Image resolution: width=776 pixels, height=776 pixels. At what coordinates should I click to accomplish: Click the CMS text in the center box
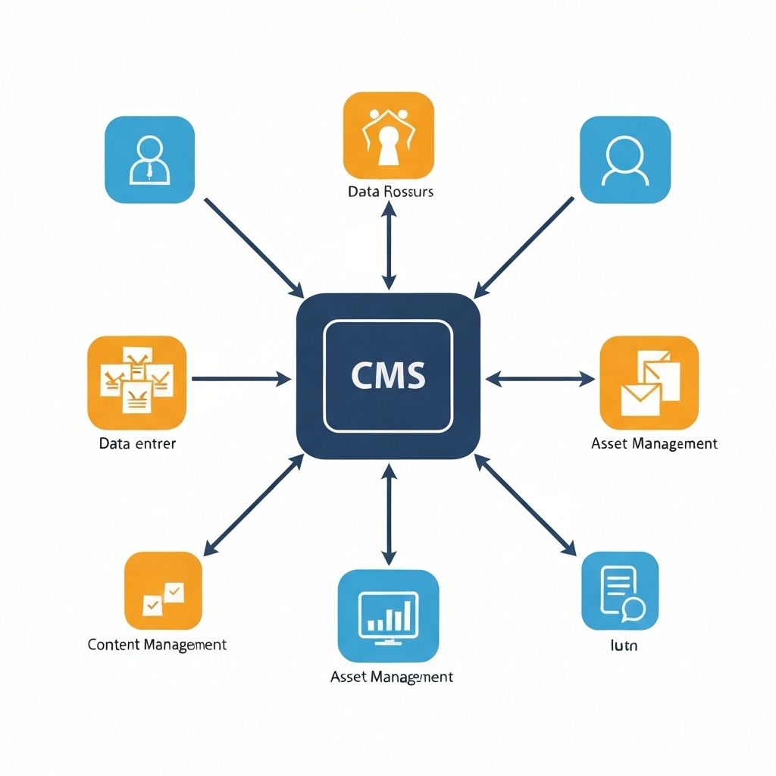click(x=388, y=376)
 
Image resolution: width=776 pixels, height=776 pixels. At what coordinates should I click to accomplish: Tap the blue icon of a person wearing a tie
click(x=149, y=160)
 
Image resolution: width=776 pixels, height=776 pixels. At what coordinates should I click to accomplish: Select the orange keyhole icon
click(x=388, y=136)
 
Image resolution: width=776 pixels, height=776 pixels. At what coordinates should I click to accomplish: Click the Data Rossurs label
click(x=390, y=192)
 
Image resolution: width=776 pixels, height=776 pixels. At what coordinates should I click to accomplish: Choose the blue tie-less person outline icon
click(x=624, y=160)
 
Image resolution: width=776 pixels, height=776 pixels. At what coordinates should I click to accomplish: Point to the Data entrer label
click(x=137, y=443)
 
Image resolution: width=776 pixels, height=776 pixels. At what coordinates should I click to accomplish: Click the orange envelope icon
click(x=648, y=383)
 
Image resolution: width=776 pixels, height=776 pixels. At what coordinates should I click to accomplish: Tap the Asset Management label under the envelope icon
click(x=653, y=443)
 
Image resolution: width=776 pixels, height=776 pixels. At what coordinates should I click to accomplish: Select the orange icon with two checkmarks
click(x=163, y=590)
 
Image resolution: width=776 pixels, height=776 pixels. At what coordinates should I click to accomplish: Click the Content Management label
click(x=157, y=645)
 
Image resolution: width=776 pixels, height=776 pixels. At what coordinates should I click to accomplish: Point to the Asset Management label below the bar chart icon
click(x=392, y=676)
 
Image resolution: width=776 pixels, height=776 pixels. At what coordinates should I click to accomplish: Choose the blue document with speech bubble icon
click(x=619, y=590)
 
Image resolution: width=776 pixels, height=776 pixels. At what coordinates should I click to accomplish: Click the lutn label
click(x=624, y=646)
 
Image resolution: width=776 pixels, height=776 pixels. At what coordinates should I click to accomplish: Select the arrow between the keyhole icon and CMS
click(x=388, y=246)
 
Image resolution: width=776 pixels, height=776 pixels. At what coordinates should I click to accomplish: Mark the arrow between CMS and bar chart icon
click(x=388, y=515)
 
